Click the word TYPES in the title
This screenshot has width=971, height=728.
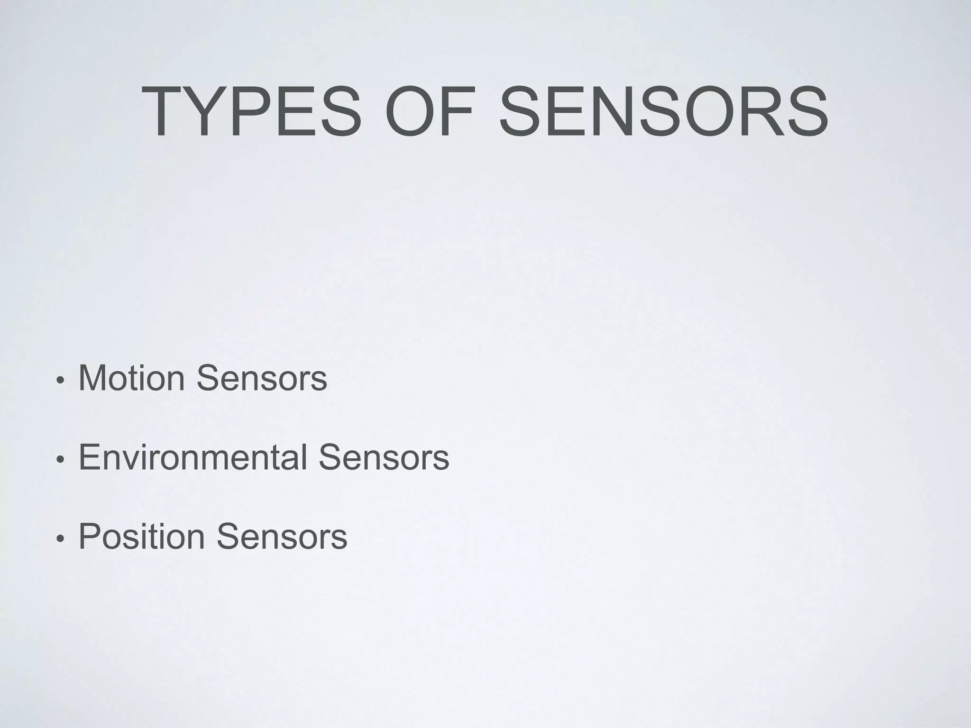click(x=251, y=112)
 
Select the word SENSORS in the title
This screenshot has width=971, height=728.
click(x=663, y=112)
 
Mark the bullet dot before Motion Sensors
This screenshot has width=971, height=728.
click(x=60, y=381)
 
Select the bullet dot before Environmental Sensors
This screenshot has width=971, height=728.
click(x=60, y=460)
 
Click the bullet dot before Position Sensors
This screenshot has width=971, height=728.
click(x=60, y=539)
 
